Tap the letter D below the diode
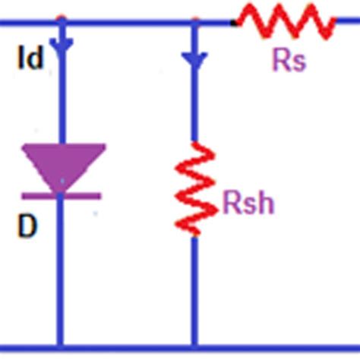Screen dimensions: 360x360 pos(27,227)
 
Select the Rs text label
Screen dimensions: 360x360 pos(288,61)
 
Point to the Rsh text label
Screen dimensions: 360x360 pos(248,204)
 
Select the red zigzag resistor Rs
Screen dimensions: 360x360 pos(285,22)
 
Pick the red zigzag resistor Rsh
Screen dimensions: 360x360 pos(195,188)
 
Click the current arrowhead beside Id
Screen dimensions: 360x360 pos(62,45)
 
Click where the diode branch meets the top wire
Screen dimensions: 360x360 pos(62,23)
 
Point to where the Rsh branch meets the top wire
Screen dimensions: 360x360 pos(195,23)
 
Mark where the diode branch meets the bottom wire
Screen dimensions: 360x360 pos(62,349)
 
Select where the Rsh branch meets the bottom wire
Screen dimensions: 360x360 pos(195,349)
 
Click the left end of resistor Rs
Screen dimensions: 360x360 pos(238,22)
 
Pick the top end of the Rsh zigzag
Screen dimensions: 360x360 pos(195,143)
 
